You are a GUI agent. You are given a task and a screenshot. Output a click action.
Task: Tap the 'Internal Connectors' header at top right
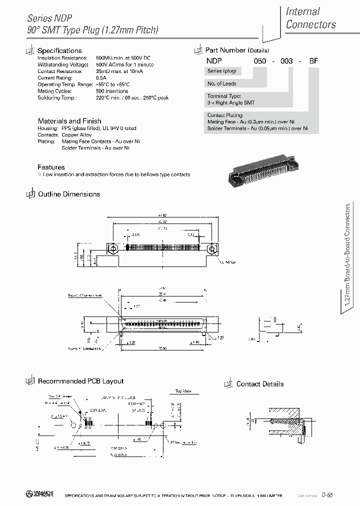[x=310, y=17]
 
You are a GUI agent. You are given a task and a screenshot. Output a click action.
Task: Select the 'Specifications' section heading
[x=59, y=50]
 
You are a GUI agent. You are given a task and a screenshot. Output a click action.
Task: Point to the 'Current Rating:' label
[x=52, y=78]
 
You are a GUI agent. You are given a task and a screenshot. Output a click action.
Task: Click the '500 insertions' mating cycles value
[x=112, y=91]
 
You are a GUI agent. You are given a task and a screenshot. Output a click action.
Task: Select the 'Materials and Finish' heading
[x=69, y=121]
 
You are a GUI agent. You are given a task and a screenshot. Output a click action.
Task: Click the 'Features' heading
[x=51, y=167]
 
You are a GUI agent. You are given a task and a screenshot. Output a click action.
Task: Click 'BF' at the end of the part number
[x=313, y=59]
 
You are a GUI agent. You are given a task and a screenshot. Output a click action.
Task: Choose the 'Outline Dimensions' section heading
[x=69, y=194]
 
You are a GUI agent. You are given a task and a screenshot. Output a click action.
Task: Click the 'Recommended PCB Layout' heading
[x=80, y=381]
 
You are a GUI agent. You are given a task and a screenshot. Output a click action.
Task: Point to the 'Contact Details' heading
[x=259, y=384]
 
